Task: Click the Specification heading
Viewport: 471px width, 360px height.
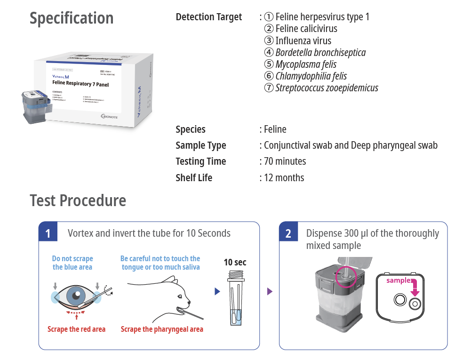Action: click(x=72, y=18)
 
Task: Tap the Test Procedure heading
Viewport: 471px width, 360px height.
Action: click(x=78, y=200)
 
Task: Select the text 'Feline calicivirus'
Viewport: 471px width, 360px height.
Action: click(x=306, y=29)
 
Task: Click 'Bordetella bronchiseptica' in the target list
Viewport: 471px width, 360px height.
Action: click(x=320, y=52)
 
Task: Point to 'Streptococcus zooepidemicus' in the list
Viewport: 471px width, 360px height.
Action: click(x=327, y=88)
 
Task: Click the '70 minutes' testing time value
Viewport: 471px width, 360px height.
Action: click(x=285, y=161)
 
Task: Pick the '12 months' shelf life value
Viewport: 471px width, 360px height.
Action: click(x=284, y=178)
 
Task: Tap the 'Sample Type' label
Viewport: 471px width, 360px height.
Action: click(x=200, y=145)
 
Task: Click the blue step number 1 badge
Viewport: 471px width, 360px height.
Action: click(x=48, y=233)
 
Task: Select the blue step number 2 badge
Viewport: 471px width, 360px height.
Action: click(x=288, y=233)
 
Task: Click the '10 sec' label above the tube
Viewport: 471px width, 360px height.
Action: click(x=235, y=262)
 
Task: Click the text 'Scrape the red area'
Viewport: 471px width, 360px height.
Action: click(x=76, y=329)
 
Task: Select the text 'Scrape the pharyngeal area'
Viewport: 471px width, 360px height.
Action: click(x=162, y=329)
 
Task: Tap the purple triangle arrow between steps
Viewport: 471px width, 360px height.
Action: click(x=270, y=292)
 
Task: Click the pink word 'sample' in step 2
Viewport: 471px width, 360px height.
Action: click(x=399, y=280)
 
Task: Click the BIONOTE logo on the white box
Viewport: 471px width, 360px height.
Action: click(x=109, y=116)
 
